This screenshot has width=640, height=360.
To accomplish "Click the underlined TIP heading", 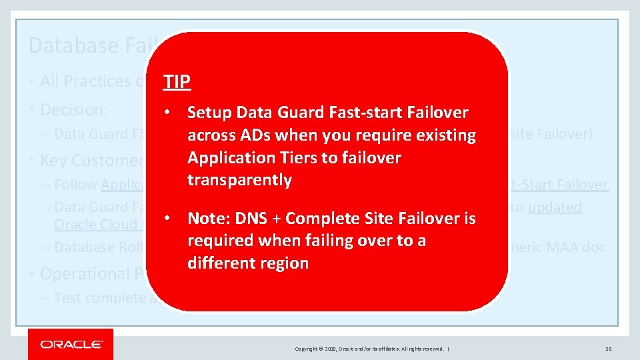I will pos(177,82).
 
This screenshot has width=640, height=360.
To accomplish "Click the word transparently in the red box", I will pos(239,180).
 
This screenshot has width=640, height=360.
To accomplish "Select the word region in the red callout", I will pos(284,263).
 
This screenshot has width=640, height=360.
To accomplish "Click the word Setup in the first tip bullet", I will pos(209,113).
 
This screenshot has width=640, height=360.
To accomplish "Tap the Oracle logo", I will pos(71,345).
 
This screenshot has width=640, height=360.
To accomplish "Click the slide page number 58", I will pos(609,349).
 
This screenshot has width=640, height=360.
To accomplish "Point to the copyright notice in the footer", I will pos(373,349).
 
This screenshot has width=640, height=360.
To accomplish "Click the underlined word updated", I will pos(555,207).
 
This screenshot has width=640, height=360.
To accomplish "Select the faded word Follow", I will pos(76,185).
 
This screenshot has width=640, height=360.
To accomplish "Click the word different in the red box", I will pos(219,263).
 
